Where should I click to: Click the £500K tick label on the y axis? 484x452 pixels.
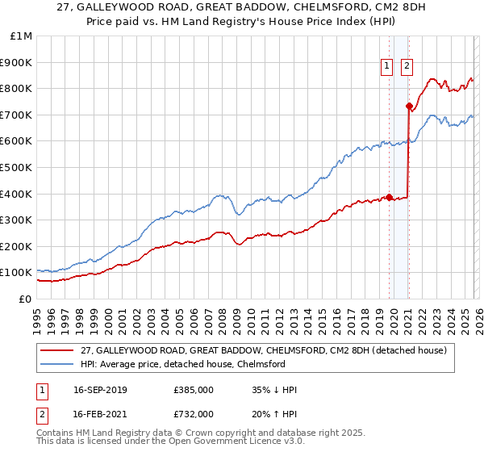16,167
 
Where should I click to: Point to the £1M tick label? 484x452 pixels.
20,36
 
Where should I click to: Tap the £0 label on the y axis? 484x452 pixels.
26,299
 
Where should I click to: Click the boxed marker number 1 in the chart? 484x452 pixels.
388,67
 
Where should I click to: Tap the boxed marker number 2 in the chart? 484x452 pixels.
407,67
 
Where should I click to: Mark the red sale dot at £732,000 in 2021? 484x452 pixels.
409,106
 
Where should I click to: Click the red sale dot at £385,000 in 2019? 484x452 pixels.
389,197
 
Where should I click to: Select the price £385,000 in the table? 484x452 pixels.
192,390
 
